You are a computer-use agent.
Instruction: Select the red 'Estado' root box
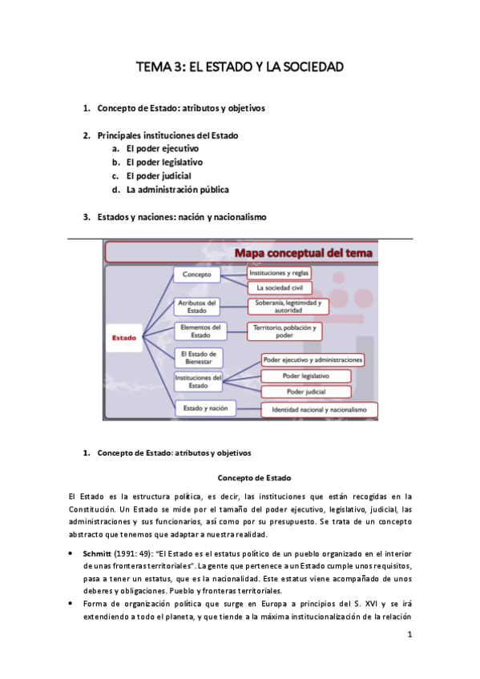pos(124,337)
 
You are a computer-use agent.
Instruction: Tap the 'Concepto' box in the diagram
pos(196,275)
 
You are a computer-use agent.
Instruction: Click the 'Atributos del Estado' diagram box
pos(196,307)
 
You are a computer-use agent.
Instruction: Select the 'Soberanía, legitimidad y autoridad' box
pos(288,307)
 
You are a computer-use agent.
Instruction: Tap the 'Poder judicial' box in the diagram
pos(305,391)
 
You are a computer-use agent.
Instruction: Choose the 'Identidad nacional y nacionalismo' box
pos(320,410)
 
